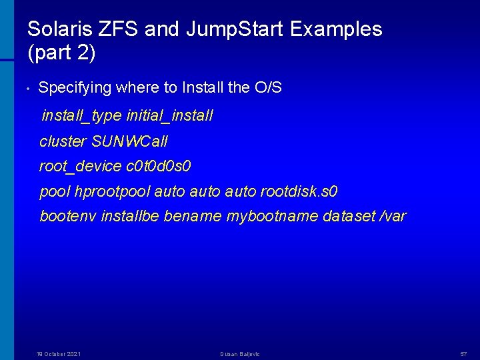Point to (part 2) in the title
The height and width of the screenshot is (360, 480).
click(62, 53)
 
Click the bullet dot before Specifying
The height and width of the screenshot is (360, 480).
click(24, 88)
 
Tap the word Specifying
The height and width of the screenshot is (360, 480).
click(75, 88)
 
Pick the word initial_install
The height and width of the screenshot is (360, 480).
click(169, 116)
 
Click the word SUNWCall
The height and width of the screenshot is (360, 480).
click(129, 141)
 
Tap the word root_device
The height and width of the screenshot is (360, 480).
click(81, 167)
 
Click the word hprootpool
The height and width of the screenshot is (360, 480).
click(113, 192)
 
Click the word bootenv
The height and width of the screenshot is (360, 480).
click(68, 217)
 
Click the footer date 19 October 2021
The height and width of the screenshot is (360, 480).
click(59, 353)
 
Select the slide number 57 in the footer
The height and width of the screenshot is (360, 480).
click(464, 353)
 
